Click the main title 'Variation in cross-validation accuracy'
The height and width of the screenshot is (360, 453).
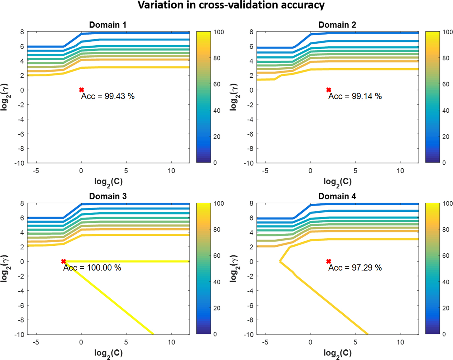point(231,5)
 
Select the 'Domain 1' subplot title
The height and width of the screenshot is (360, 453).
point(108,25)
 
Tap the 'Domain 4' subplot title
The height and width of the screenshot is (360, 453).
point(337,196)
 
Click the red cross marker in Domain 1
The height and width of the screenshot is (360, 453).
point(82,90)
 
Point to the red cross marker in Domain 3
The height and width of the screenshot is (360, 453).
point(63,261)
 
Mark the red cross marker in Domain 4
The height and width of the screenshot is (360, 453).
point(329,261)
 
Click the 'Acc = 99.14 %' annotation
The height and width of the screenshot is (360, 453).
point(355,96)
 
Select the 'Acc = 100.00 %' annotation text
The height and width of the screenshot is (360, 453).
point(92,268)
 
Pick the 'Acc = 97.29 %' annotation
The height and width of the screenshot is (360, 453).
point(355,268)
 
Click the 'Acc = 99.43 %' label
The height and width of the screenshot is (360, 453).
point(108,96)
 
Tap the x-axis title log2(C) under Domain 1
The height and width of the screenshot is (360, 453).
point(108,182)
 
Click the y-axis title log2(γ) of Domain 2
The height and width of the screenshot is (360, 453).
point(234,97)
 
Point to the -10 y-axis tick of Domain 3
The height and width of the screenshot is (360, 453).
point(19,334)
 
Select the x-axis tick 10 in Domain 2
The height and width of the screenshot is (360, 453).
point(400,171)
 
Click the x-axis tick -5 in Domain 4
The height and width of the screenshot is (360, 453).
point(265,342)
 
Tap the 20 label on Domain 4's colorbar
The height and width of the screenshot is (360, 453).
point(446,308)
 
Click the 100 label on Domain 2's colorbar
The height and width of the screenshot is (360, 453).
point(447,32)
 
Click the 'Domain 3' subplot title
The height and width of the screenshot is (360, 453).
point(108,196)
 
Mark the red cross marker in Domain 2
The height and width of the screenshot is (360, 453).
point(329,90)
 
